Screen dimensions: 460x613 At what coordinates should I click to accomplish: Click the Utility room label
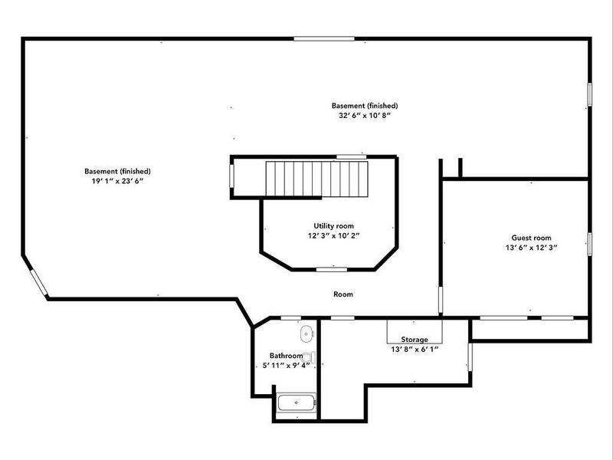333,225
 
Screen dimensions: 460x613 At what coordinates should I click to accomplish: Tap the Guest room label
531,238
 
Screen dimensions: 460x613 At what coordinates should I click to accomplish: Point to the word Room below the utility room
343,294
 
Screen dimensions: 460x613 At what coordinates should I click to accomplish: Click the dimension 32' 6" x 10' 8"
364,117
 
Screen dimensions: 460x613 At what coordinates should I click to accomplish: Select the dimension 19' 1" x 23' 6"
117,182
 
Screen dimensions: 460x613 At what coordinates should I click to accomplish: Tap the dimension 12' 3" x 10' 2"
333,236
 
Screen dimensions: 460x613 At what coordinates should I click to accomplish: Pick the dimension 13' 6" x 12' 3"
531,248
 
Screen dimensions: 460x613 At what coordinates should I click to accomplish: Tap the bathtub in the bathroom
296,402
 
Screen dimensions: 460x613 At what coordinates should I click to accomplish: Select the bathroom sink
306,333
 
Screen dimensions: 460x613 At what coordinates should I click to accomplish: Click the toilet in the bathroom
308,357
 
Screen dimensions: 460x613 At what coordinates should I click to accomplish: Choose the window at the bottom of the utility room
329,269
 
